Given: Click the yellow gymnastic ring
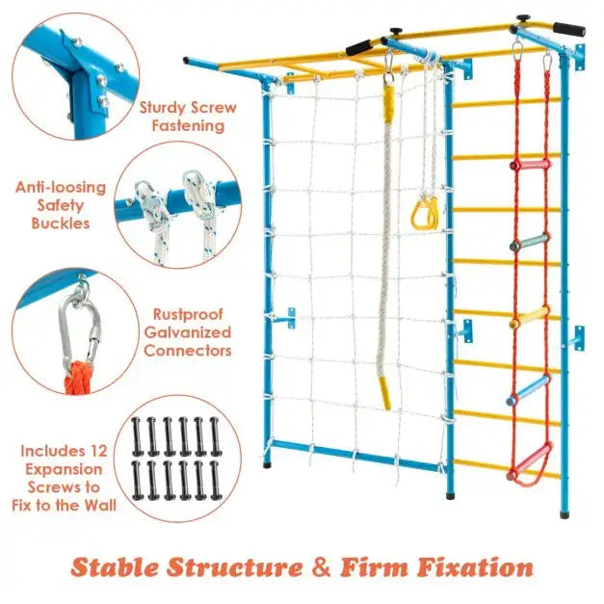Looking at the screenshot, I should (424, 212).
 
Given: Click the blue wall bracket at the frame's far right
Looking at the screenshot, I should (576, 338).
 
